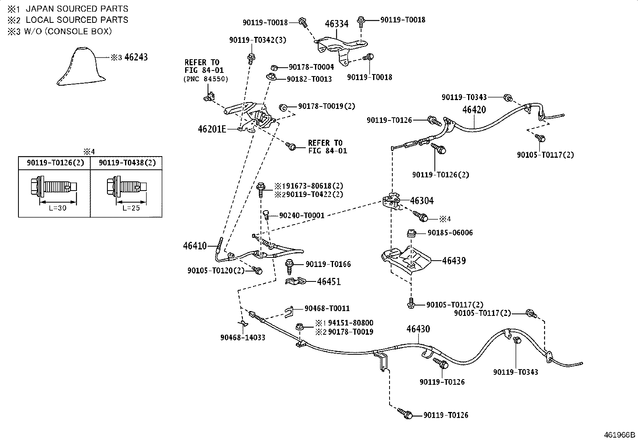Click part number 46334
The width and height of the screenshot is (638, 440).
(x=337, y=24)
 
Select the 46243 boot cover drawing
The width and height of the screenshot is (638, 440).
(x=81, y=66)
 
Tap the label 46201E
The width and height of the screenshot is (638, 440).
(x=212, y=129)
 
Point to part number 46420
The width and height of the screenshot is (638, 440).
(x=474, y=110)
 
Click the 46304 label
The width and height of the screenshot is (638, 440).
(x=422, y=201)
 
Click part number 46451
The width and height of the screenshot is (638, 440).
(x=329, y=281)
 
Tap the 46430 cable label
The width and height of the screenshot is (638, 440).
(x=418, y=329)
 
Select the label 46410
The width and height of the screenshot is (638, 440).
(x=195, y=245)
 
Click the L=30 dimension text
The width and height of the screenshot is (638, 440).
(x=58, y=208)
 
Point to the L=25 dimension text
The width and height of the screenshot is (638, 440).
(x=131, y=208)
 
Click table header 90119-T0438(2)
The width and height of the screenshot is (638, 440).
(x=127, y=163)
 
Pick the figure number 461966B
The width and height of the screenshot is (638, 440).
(x=620, y=435)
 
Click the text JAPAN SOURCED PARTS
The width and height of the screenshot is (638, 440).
(x=77, y=9)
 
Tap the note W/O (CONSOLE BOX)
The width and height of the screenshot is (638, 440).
(x=68, y=31)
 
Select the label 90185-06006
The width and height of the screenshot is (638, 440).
(x=450, y=233)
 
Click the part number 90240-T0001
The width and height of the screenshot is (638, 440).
(x=302, y=215)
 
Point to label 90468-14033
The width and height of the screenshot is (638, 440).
(x=243, y=338)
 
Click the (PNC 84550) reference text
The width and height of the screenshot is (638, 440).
(x=206, y=79)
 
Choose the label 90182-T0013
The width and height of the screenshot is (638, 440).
(x=309, y=79)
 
